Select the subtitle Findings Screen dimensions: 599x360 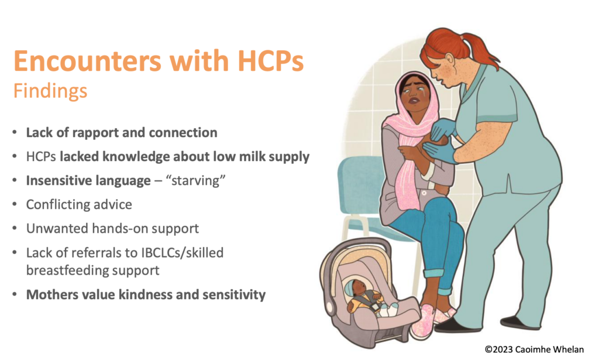click(x=50, y=91)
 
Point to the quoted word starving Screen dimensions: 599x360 click(x=195, y=180)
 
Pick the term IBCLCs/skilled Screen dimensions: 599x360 click(x=183, y=253)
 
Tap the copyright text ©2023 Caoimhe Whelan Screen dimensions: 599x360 click(x=534, y=349)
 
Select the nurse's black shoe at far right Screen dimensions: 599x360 click(x=519, y=323)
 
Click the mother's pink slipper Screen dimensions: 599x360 click(x=422, y=321)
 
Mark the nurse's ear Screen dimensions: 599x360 click(x=450, y=59)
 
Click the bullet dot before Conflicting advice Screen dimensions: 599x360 click(x=15, y=204)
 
